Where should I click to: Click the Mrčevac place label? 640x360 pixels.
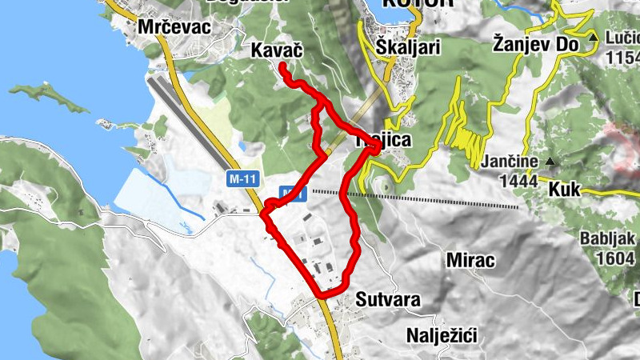coord(174,26)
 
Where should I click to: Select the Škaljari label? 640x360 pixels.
coord(408,47)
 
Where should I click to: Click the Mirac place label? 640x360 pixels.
coord(470,261)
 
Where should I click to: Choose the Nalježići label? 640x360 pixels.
coord(441,335)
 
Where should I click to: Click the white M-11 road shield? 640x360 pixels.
coord(242,180)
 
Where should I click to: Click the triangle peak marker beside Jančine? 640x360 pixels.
coord(550,162)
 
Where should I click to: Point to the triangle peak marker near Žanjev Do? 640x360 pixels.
coord(594,38)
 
